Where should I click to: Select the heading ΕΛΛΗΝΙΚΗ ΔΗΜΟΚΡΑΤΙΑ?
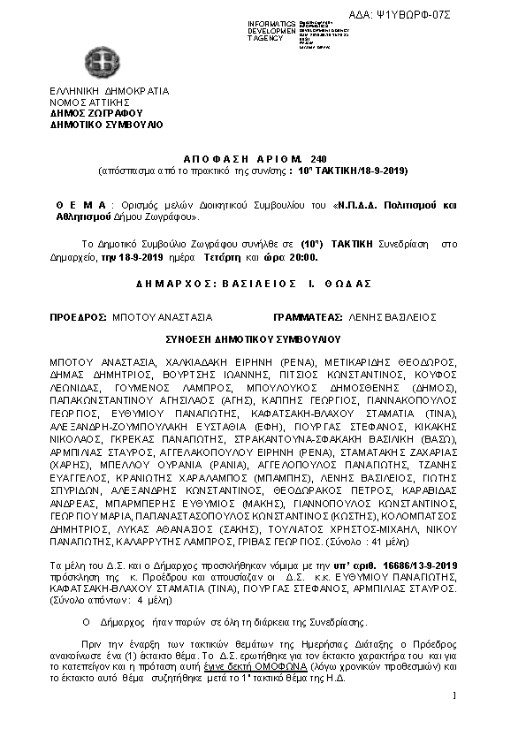[110, 91]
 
